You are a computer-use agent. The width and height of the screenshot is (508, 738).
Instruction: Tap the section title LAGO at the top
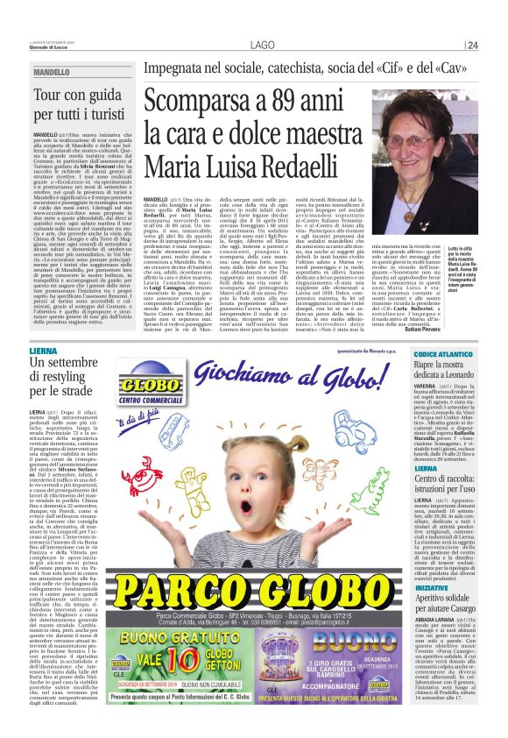[262, 46]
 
